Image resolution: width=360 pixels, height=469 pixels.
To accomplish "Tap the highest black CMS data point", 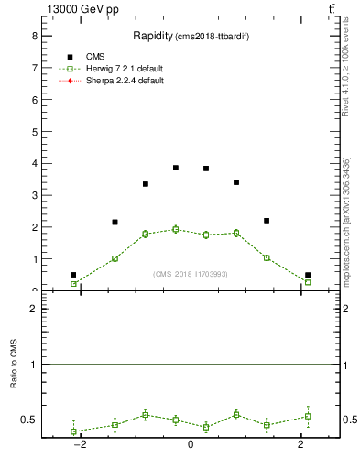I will coord(176,168).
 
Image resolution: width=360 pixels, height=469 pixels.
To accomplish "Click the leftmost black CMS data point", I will coord(73,275).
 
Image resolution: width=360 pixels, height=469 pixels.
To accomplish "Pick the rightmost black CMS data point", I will coord(308,275).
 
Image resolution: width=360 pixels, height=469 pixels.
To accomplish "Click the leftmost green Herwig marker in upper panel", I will coord(73,284).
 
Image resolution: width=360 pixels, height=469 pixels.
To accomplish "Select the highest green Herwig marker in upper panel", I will coord(176,229).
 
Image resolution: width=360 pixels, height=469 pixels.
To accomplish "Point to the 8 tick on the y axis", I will coord(33,36).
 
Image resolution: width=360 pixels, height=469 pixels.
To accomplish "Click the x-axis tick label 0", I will coord(191,444).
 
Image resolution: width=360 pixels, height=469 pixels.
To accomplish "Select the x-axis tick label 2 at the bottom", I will coord(301,444).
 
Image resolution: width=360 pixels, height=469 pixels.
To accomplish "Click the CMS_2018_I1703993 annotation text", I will coord(191,274).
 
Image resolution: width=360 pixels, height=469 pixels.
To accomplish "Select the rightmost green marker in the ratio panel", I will coord(308,416).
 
